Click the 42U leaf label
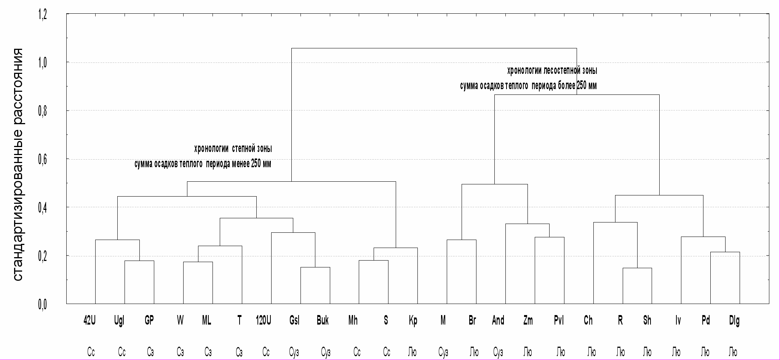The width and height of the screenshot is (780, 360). click(x=90, y=321)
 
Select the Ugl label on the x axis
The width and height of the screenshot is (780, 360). click(x=119, y=321)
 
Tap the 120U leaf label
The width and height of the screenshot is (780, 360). click(x=264, y=321)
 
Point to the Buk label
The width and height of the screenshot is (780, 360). click(x=323, y=321)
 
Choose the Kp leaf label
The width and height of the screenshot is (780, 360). click(x=413, y=321)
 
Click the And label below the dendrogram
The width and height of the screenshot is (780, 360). click(x=498, y=321)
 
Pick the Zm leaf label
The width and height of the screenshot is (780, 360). click(x=528, y=321)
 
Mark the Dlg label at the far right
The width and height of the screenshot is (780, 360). click(x=734, y=321)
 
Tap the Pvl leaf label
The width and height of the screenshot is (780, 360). click(x=559, y=321)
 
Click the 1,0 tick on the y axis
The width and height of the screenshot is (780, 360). click(x=42, y=62)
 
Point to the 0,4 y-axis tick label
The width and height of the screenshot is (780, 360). click(x=42, y=208)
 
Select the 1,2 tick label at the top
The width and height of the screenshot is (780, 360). click(x=42, y=15)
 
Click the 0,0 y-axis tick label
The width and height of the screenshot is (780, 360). click(x=42, y=305)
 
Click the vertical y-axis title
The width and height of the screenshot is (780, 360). click(x=18, y=165)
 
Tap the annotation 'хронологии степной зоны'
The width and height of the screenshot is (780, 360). click(x=233, y=149)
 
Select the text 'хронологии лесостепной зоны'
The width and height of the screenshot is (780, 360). click(x=552, y=71)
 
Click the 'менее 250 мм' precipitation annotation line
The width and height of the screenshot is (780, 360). click(x=203, y=164)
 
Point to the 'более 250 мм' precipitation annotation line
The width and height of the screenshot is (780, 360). click(x=528, y=86)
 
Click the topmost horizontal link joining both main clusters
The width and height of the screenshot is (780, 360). click(x=434, y=48)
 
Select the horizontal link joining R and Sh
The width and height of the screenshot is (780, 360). click(x=638, y=268)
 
